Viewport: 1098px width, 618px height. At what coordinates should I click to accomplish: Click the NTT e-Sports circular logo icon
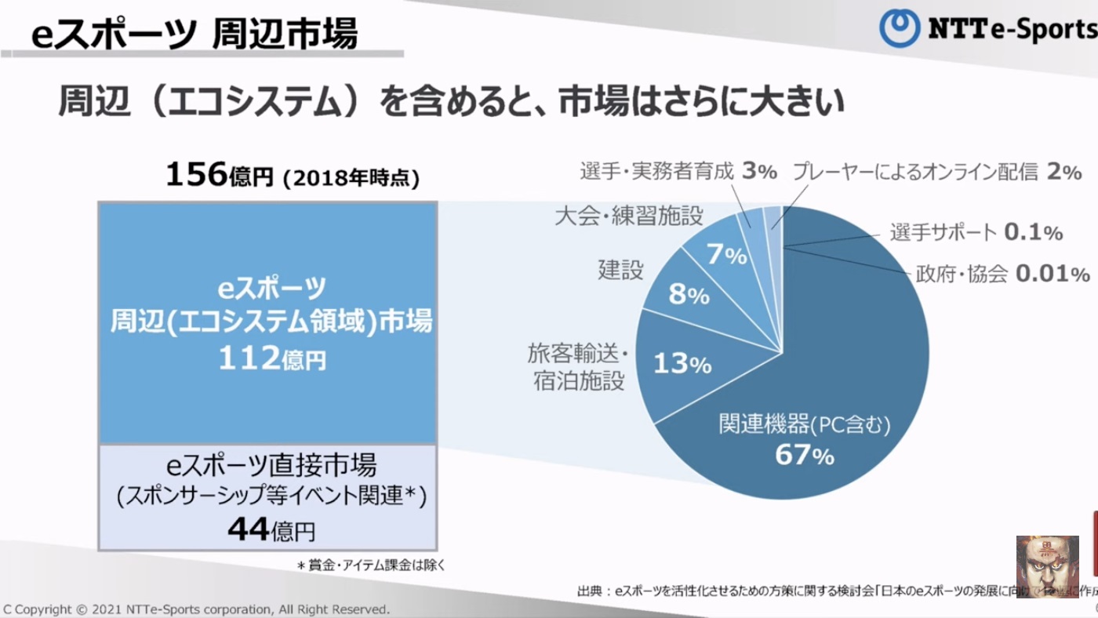(900, 29)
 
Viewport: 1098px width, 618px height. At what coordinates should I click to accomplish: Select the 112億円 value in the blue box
(271, 358)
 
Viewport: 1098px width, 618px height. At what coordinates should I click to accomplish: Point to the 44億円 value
(271, 531)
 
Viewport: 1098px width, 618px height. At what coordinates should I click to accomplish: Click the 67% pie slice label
(805, 454)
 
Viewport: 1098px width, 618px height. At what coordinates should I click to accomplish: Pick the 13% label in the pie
(682, 364)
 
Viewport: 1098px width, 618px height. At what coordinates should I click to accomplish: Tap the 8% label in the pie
(689, 295)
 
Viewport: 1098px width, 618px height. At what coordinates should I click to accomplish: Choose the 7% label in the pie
(725, 254)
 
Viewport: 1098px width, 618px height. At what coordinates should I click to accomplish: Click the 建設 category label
(620, 270)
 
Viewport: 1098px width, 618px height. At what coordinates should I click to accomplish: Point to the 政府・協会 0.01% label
(1002, 274)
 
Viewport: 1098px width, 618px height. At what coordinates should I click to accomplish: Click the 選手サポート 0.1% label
(976, 232)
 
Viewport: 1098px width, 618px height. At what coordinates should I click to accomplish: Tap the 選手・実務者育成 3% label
(678, 171)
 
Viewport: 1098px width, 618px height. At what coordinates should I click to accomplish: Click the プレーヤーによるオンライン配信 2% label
(936, 172)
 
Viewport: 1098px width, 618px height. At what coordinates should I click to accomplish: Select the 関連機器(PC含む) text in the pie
(805, 424)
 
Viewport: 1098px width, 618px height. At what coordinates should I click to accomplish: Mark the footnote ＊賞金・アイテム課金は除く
(370, 565)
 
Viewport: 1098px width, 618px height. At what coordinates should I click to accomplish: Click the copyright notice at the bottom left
(196, 609)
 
